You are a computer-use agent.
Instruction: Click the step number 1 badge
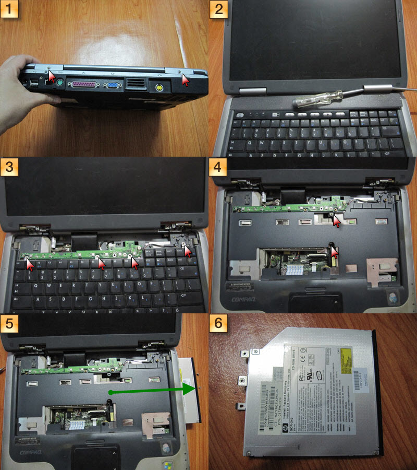[x=10, y=10]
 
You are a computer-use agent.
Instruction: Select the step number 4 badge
[x=218, y=167]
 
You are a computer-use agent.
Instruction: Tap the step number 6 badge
[x=218, y=323]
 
